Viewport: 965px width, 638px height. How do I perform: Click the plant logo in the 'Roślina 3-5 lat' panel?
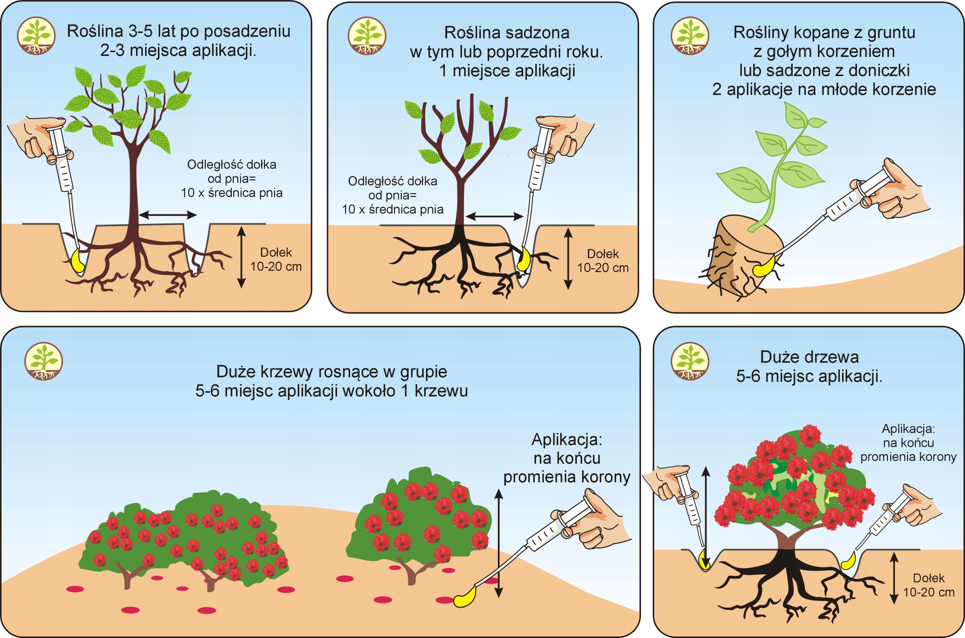(x=36, y=36)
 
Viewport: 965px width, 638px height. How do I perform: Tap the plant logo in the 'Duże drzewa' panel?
(x=690, y=361)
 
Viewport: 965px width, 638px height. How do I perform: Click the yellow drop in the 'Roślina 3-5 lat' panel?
(x=77, y=261)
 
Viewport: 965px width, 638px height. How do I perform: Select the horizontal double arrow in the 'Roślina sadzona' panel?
(x=494, y=216)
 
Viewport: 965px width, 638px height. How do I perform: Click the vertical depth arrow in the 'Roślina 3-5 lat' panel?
(x=242, y=257)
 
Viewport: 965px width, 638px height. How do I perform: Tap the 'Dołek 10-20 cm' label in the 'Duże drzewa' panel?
(x=928, y=585)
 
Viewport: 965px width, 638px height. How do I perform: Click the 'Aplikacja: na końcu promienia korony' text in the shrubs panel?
(x=567, y=458)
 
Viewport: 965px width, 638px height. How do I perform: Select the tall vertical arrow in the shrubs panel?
(x=499, y=543)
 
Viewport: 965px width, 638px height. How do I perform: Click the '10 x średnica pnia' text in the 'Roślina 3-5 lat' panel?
(x=231, y=192)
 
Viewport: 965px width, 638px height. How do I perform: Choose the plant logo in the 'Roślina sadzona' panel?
(x=367, y=36)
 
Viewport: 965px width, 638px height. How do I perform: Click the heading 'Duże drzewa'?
(x=809, y=357)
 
